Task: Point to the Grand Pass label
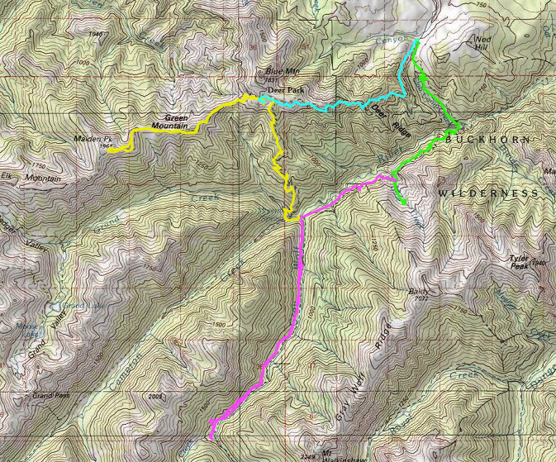(50, 396)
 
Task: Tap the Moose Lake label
(31, 328)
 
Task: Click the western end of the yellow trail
(110, 150)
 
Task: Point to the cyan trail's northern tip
(416, 40)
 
